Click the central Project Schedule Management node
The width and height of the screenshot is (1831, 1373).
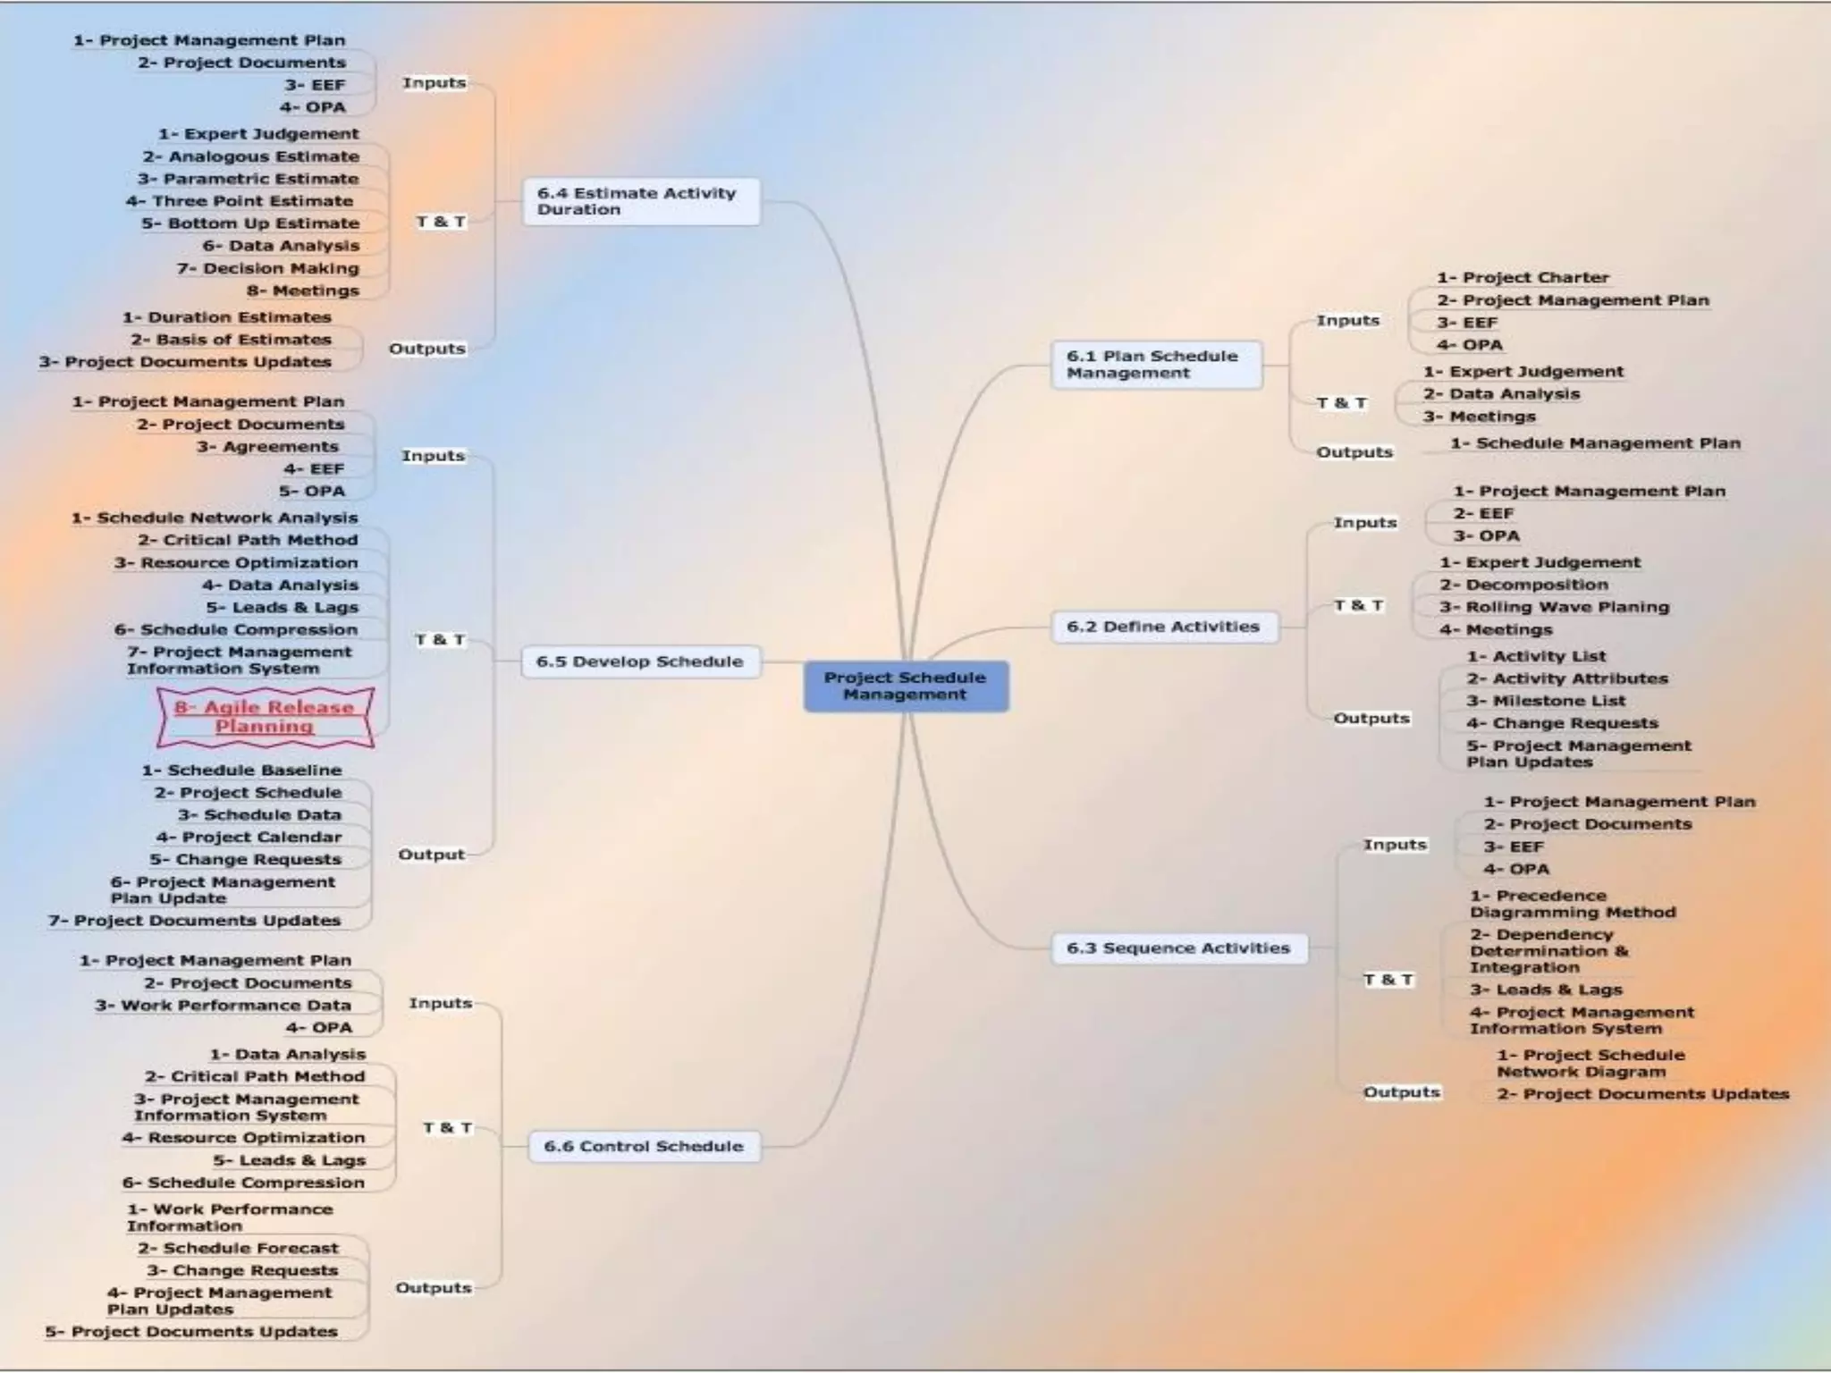pyautogui.click(x=905, y=686)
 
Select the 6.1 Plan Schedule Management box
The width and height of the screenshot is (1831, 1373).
pyautogui.click(x=1156, y=364)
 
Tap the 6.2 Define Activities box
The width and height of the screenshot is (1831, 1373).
pyautogui.click(x=1163, y=627)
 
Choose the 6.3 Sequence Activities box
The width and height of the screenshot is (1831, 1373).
pyautogui.click(x=1178, y=948)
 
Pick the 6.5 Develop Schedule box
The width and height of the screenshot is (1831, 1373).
pyautogui.click(x=640, y=661)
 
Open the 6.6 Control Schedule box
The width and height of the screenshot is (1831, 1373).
pyautogui.click(x=644, y=1146)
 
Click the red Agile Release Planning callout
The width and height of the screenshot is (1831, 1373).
pyautogui.click(x=265, y=717)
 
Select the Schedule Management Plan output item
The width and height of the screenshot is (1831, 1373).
pyautogui.click(x=1595, y=443)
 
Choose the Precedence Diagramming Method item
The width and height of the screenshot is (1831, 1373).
pyautogui.click(x=1572, y=904)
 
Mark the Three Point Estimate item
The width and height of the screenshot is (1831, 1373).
pyautogui.click(x=240, y=201)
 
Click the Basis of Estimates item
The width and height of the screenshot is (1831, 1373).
pyautogui.click(x=231, y=340)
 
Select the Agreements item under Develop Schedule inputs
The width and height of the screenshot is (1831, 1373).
pyautogui.click(x=267, y=447)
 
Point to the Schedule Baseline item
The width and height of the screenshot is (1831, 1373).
pyautogui.click(x=241, y=771)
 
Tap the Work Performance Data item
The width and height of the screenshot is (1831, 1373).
pyautogui.click(x=224, y=1006)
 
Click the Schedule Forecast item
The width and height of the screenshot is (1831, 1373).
pyautogui.click(x=238, y=1248)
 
